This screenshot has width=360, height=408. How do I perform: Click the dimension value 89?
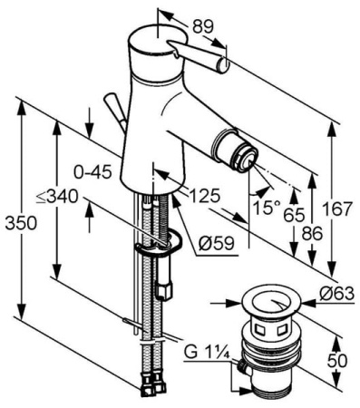click(203, 27)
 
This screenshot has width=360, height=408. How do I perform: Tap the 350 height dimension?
click(21, 224)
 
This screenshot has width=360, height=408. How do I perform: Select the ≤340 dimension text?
click(57, 198)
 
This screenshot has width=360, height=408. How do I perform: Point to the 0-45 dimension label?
click(93, 172)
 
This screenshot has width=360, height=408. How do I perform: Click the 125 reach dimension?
click(204, 196)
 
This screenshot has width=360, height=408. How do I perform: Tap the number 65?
click(294, 216)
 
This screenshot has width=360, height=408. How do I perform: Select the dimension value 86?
click(312, 233)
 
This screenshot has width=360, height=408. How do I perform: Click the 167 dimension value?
click(337, 209)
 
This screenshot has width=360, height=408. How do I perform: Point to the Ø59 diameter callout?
click(217, 243)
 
